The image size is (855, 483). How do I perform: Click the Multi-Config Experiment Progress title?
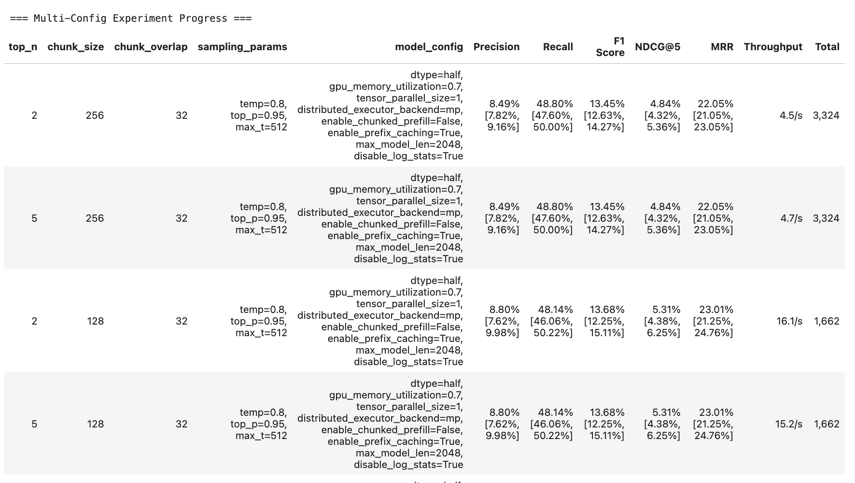click(131, 18)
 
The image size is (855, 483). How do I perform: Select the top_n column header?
click(23, 47)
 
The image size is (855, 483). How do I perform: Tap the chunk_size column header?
click(75, 47)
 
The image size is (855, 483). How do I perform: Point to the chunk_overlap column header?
click(151, 47)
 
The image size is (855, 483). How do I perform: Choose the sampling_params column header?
click(242, 47)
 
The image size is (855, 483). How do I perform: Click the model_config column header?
click(429, 47)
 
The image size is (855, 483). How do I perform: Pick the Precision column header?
click(496, 47)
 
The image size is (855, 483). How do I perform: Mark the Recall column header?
click(558, 47)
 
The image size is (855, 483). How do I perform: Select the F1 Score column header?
click(610, 47)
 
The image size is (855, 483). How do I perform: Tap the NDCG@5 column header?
click(658, 47)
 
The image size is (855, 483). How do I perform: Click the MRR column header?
click(722, 47)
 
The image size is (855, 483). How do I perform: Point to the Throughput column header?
click(773, 47)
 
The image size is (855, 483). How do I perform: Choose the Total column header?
click(827, 47)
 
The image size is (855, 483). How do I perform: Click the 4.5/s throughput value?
click(791, 115)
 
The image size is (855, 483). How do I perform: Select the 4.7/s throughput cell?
click(791, 218)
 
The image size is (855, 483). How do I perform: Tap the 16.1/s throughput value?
click(789, 321)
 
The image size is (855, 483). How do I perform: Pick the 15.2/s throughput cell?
click(789, 424)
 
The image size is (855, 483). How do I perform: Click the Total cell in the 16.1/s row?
click(827, 321)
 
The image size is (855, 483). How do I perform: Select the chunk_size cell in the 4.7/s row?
click(95, 218)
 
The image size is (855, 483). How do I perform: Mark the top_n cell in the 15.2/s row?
click(34, 424)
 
